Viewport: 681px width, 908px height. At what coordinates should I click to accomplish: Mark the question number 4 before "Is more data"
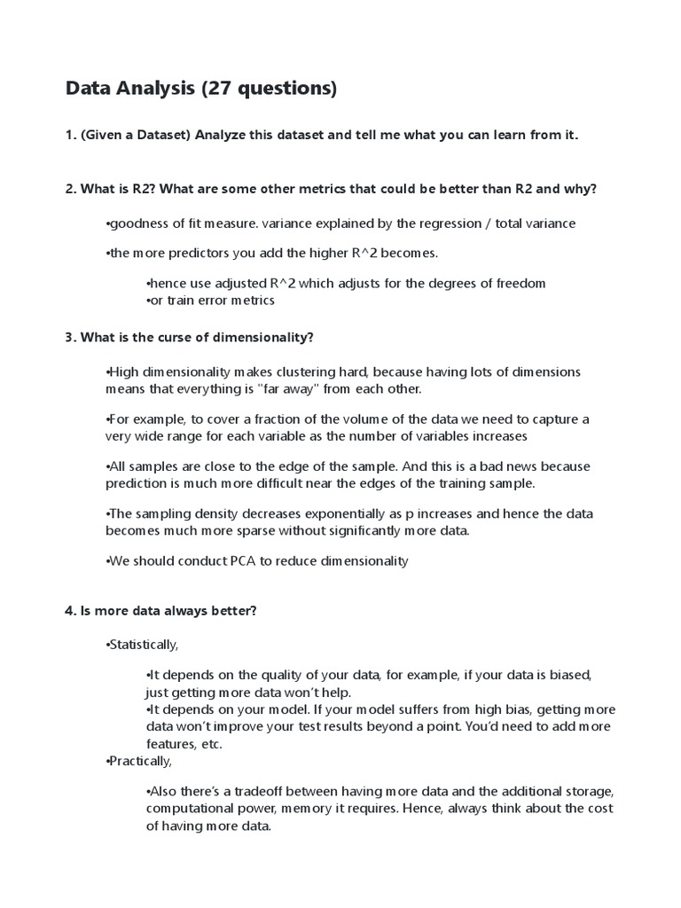pos(70,611)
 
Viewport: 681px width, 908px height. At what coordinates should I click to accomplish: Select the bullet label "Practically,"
pos(139,761)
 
